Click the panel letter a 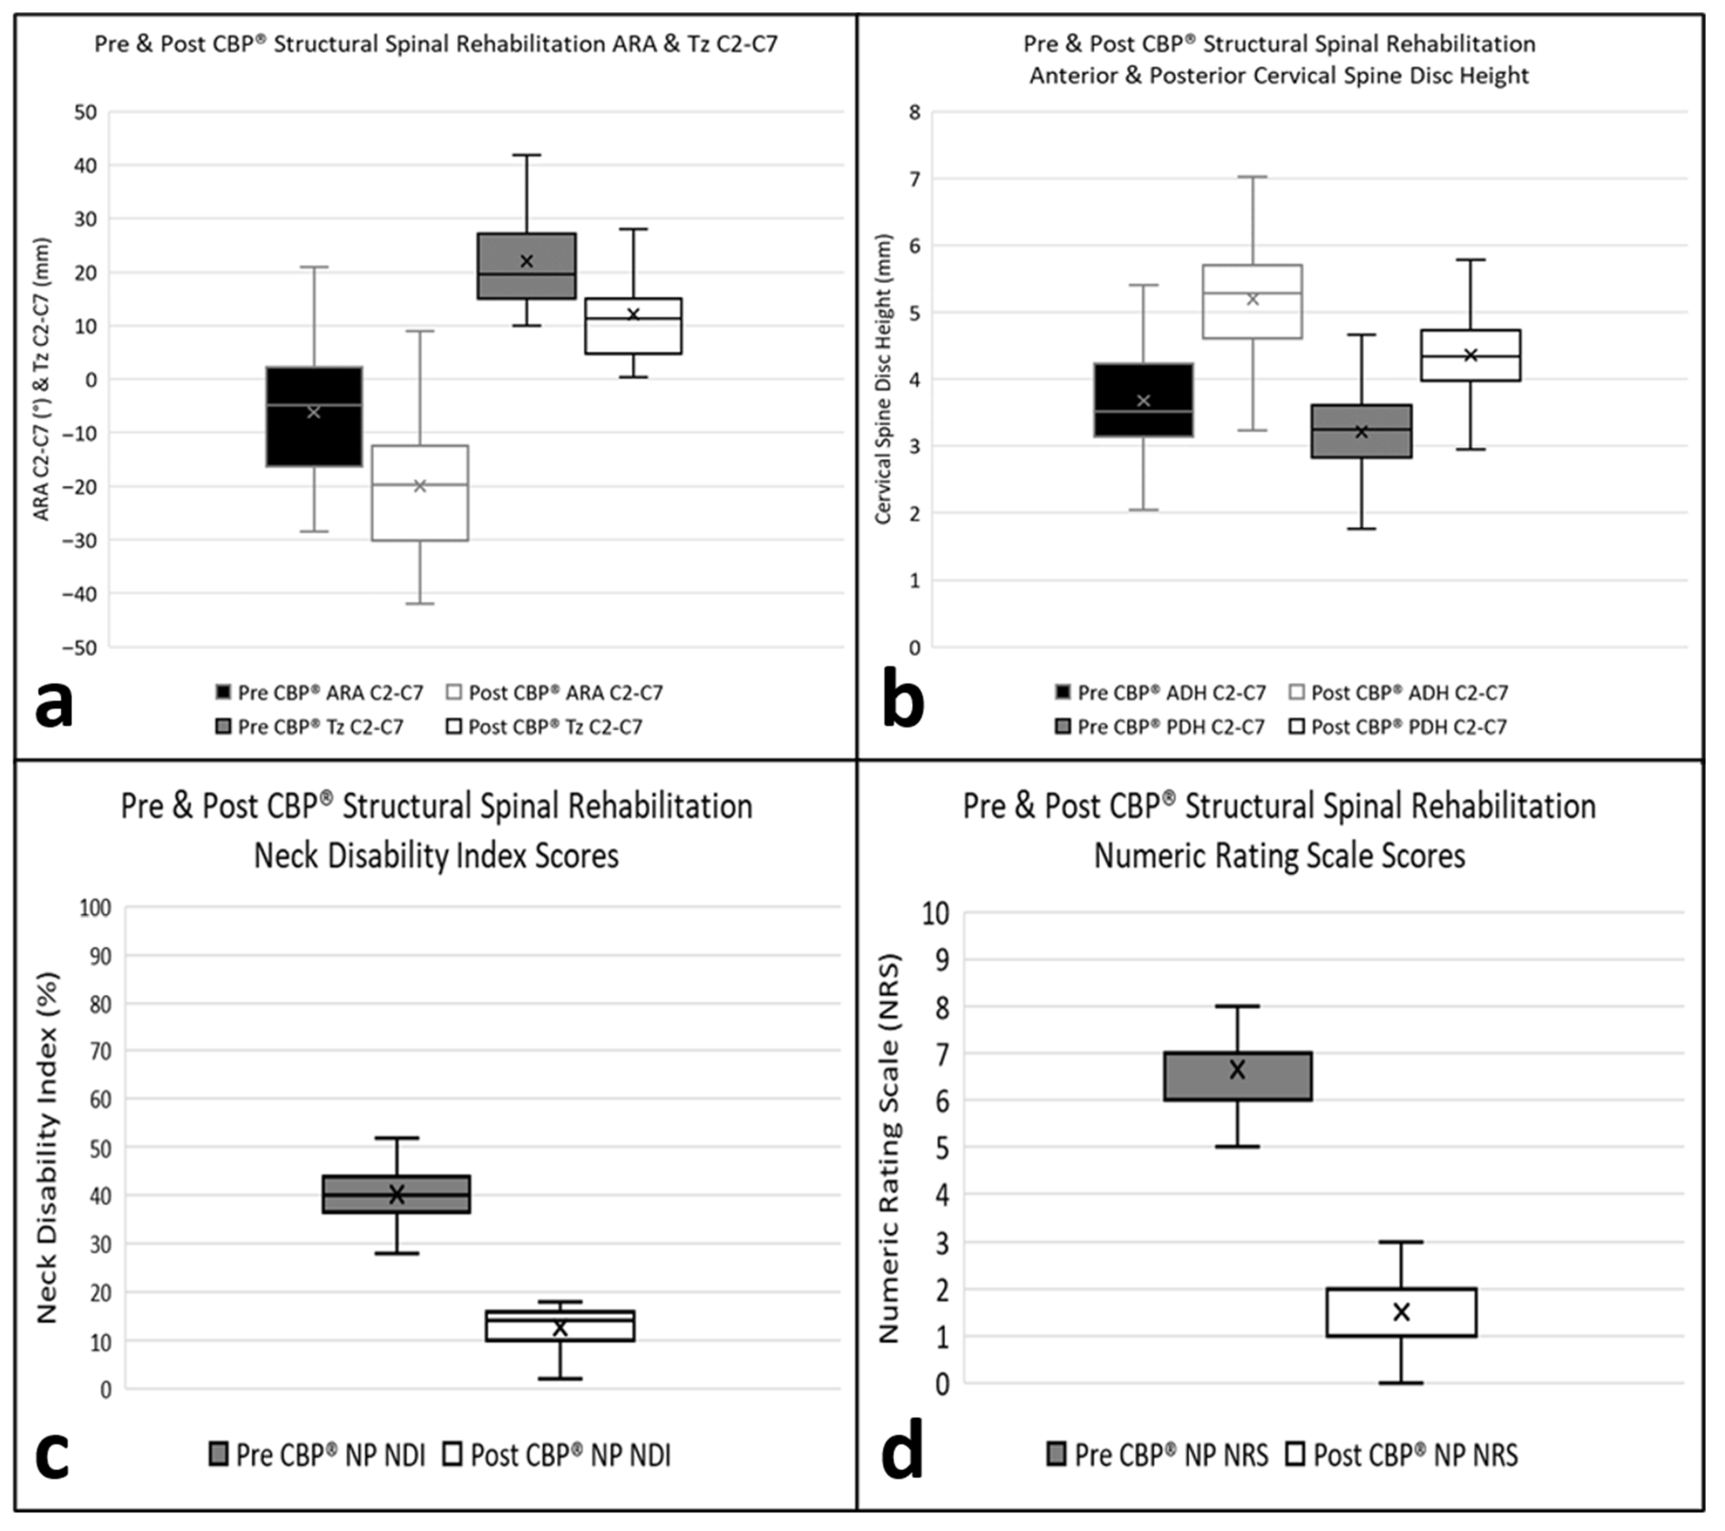pyautogui.click(x=54, y=706)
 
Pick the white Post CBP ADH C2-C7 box pyautogui.click(x=1252, y=301)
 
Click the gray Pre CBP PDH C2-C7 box pyautogui.click(x=1361, y=431)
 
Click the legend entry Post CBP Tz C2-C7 pyautogui.click(x=545, y=727)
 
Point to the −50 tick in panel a pyautogui.click(x=81, y=647)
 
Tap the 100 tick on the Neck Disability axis pyautogui.click(x=96, y=908)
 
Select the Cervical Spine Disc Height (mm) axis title pyautogui.click(x=883, y=379)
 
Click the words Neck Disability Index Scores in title pyautogui.click(x=436, y=856)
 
